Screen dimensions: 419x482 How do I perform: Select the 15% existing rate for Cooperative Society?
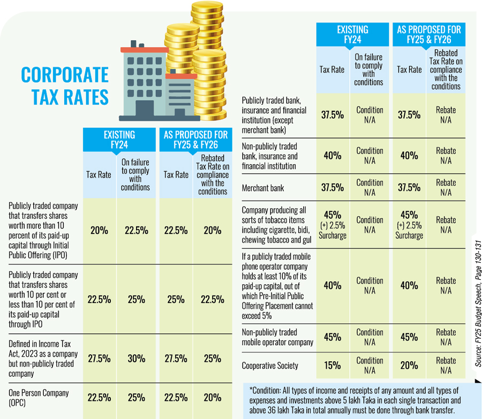point(332,365)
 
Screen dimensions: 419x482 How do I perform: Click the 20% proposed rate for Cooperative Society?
point(409,365)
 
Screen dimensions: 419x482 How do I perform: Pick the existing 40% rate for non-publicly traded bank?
point(332,155)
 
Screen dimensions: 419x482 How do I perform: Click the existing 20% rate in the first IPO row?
point(99,231)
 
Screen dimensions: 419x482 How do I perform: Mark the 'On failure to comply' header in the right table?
point(369,70)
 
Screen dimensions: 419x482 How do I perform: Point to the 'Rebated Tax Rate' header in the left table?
point(213,175)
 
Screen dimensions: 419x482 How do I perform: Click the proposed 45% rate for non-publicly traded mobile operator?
point(409,337)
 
